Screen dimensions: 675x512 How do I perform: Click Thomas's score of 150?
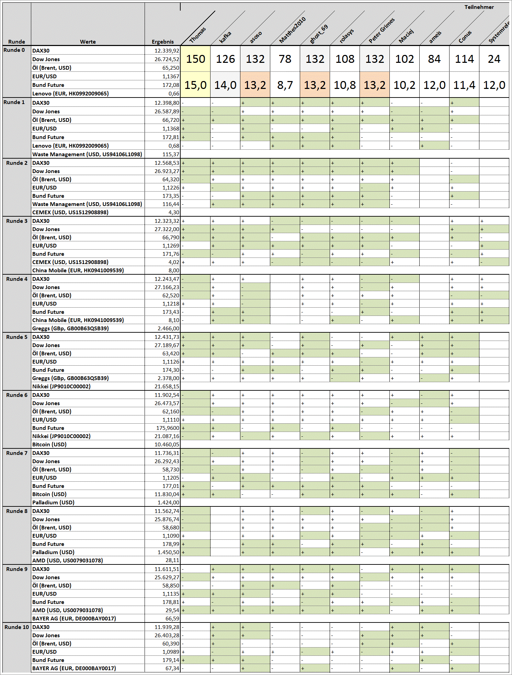[195, 59]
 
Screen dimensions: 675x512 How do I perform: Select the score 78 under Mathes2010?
[285, 59]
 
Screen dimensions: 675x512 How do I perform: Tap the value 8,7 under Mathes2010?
[285, 85]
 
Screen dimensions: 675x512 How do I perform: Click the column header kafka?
[225, 37]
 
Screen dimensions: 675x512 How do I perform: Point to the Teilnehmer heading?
[479, 7]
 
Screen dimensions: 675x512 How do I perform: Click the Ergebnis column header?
[162, 42]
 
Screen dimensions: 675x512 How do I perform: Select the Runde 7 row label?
[16, 453]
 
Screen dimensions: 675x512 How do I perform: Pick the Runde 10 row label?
[16, 627]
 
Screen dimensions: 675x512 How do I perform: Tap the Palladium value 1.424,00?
[168, 503]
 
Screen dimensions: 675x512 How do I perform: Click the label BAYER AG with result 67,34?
[74, 668]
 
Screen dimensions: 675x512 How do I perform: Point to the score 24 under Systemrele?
[494, 59]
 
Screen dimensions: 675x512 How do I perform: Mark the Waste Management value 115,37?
[171, 155]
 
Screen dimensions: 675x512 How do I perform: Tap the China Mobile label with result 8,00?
[78, 271]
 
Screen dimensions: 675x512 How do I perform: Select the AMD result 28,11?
[172, 561]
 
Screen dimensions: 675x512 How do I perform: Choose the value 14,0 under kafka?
[225, 85]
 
